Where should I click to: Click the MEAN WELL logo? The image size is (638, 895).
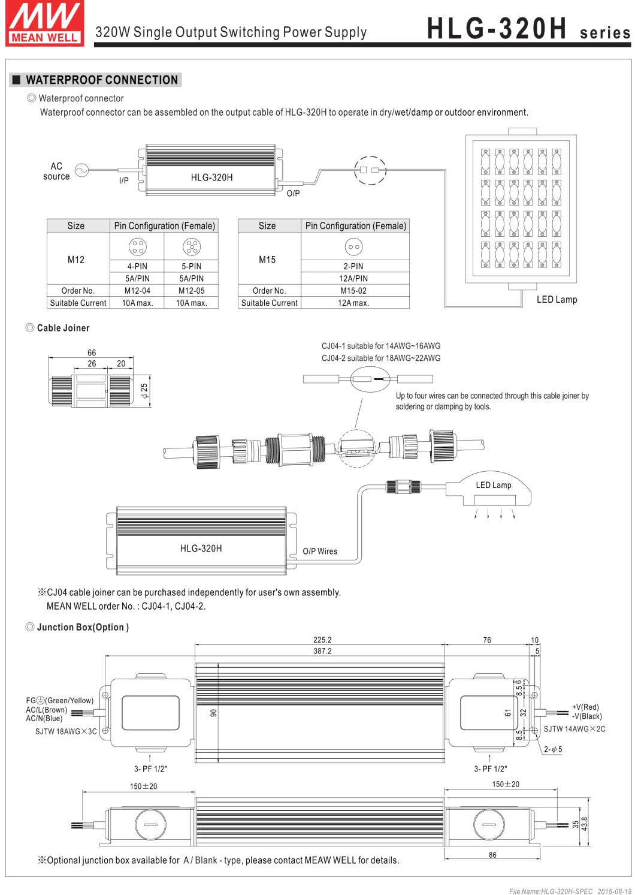[x=45, y=23]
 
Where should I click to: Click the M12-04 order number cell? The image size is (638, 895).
[x=137, y=291]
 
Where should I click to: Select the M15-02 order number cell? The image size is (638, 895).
[x=353, y=291]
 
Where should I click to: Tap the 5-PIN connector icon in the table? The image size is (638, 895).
[x=192, y=246]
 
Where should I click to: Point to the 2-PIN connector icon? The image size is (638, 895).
[x=353, y=246]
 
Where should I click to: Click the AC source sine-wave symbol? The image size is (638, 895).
[x=81, y=171]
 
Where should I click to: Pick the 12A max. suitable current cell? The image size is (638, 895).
[x=353, y=303]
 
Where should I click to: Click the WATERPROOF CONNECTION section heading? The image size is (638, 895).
[x=101, y=80]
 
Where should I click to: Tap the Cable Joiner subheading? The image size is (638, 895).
[x=63, y=328]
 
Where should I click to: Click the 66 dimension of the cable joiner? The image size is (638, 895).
[x=92, y=352]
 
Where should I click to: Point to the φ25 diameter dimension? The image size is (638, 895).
[x=144, y=391]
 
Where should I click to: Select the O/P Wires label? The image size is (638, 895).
[x=320, y=552]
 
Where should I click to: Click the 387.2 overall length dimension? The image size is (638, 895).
[x=322, y=651]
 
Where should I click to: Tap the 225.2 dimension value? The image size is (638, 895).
[x=322, y=640]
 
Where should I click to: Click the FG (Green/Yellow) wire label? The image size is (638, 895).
[x=60, y=700]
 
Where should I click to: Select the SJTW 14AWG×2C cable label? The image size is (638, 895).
[x=574, y=729]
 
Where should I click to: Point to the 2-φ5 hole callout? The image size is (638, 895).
[x=553, y=749]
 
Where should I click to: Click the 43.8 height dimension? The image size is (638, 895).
[x=585, y=824]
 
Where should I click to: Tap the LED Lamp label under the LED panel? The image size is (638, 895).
[x=557, y=300]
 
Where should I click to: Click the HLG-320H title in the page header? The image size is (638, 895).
[x=497, y=28]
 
